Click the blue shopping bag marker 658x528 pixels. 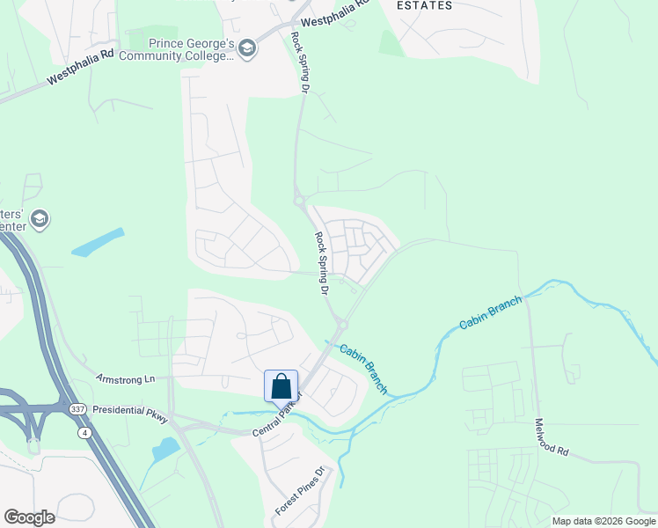(281, 386)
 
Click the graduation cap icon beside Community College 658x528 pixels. (247, 48)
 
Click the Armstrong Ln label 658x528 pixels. (125, 378)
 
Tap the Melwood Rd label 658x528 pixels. (552, 436)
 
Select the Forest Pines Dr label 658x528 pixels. (300, 491)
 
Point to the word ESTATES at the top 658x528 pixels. (425, 5)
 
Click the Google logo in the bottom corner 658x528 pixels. (29, 517)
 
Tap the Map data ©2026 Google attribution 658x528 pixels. (603, 521)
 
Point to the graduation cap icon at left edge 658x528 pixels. (39, 217)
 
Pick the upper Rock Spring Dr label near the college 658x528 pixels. (302, 64)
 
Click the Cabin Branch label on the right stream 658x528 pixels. (490, 312)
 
